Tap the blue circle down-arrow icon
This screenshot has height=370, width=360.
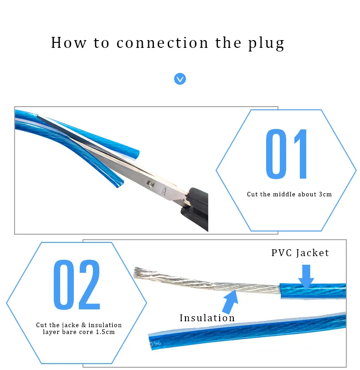[180, 79]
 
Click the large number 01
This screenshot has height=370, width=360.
[287, 154]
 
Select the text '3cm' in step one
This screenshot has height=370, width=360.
[325, 195]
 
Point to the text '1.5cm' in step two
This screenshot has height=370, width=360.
[106, 332]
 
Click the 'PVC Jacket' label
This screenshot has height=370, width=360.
[300, 253]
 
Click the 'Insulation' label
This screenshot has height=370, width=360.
[207, 318]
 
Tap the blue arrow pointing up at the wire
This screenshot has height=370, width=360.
[229, 301]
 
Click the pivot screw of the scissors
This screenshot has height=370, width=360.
[150, 184]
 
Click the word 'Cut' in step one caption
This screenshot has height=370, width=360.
[252, 195]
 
